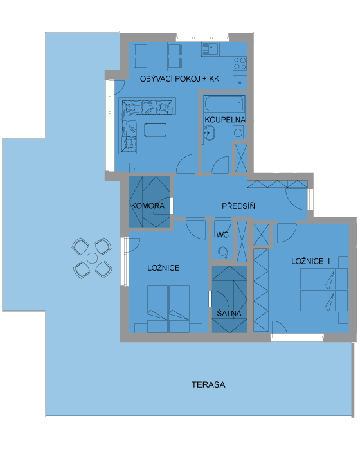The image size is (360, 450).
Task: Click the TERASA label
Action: coord(208,384)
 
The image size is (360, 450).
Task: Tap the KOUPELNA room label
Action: coord(225,120)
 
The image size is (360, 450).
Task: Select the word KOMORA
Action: coord(148,206)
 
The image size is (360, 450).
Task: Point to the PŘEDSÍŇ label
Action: coord(239,206)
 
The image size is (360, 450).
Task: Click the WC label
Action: coord(222,235)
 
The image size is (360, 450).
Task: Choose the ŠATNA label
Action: coord(229,313)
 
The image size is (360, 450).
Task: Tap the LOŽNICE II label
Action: coord(310,261)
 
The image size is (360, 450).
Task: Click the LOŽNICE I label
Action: coord(165,268)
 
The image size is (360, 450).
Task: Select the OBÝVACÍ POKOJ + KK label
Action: coord(179,79)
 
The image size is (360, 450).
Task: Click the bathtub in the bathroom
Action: coord(224,104)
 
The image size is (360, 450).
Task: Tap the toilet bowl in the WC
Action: coord(222,253)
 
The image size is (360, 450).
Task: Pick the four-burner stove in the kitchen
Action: coord(240,64)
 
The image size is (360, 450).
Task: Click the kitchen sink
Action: coord(210,49)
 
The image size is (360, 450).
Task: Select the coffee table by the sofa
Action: coord(156,130)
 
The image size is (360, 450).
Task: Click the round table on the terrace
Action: coord(92,258)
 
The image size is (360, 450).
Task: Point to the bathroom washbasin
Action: coord(209,133)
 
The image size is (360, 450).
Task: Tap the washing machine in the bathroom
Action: coord(238,132)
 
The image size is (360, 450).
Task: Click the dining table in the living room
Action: coord(157,57)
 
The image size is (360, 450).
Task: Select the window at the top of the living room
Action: coord(203,37)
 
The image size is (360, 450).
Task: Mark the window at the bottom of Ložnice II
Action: coord(297,337)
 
